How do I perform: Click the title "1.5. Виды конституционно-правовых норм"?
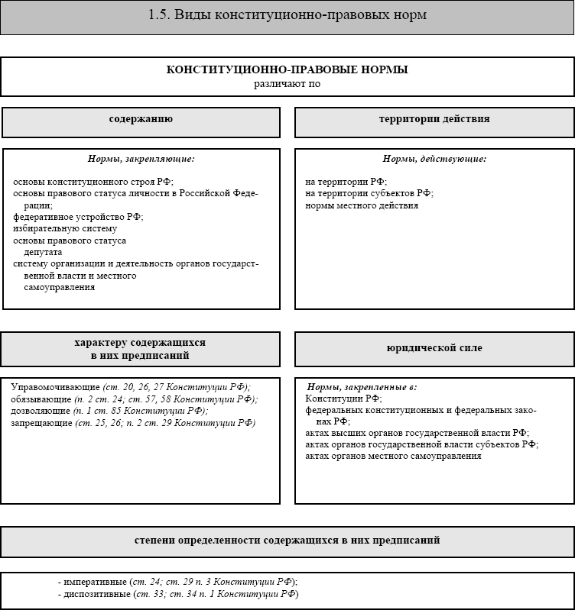(287, 16)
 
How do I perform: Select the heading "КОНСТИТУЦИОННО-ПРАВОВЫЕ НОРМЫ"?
(287, 69)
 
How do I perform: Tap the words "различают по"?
(287, 83)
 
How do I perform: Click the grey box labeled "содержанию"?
(141, 120)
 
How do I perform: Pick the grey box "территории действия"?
(434, 120)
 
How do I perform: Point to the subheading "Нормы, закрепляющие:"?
(141, 159)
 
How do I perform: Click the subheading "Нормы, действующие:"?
(434, 159)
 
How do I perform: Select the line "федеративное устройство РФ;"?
(78, 217)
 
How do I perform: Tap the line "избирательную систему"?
(65, 228)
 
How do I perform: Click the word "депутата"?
(43, 252)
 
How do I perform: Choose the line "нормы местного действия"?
(362, 205)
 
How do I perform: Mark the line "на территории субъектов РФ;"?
(369, 194)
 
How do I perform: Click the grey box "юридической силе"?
(434, 348)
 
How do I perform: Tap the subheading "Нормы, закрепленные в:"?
(362, 387)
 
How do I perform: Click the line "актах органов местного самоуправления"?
(393, 456)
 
